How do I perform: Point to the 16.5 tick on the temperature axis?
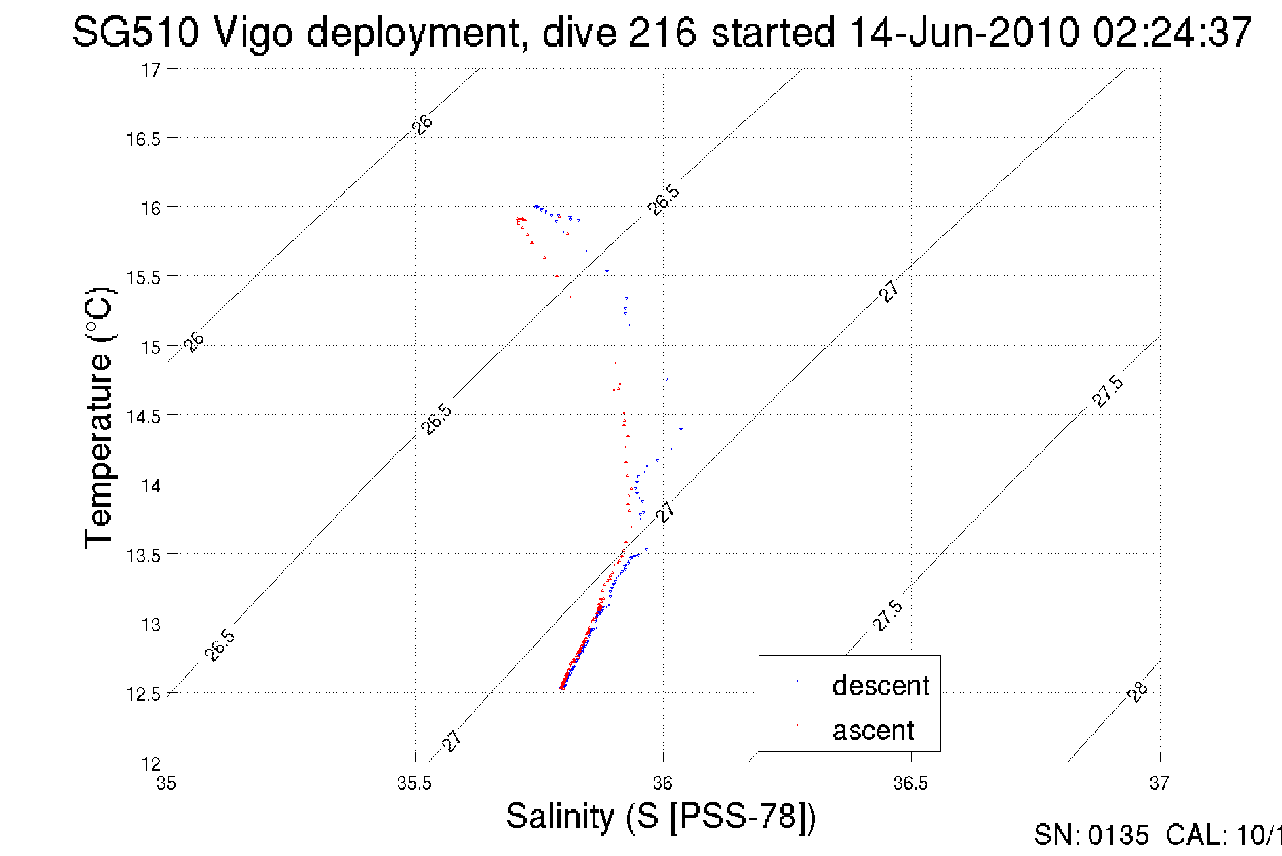tap(144, 139)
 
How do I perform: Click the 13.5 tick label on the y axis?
tap(144, 556)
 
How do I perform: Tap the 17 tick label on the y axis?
tap(151, 70)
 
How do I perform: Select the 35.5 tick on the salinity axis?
tap(414, 783)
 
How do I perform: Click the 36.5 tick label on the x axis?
tap(910, 783)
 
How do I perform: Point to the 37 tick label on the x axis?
tap(1159, 783)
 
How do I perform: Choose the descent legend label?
tap(881, 686)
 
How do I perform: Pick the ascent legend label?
tap(873, 731)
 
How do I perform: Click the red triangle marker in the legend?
tap(798, 725)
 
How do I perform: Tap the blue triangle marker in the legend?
tap(798, 680)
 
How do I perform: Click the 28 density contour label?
tap(1138, 692)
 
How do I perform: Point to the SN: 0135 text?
tap(1091, 836)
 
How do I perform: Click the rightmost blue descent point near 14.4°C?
tap(681, 429)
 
